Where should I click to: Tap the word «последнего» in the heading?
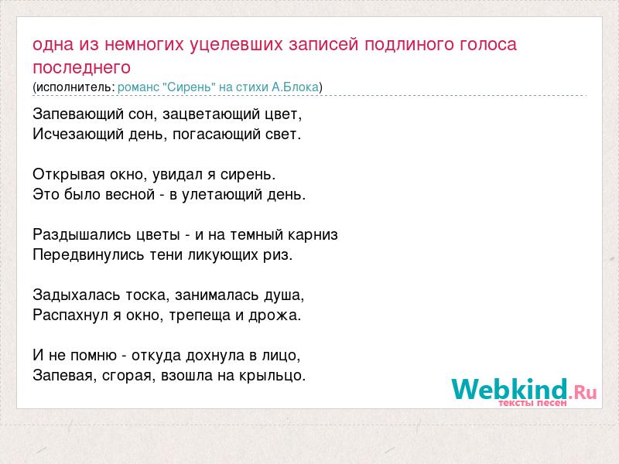(x=81, y=68)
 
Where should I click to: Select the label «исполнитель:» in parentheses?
(x=75, y=87)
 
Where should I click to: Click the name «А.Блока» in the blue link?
(x=295, y=87)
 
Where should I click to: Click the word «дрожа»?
(x=273, y=316)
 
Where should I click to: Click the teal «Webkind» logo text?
(x=510, y=390)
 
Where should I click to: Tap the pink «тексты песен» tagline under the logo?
(x=532, y=403)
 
